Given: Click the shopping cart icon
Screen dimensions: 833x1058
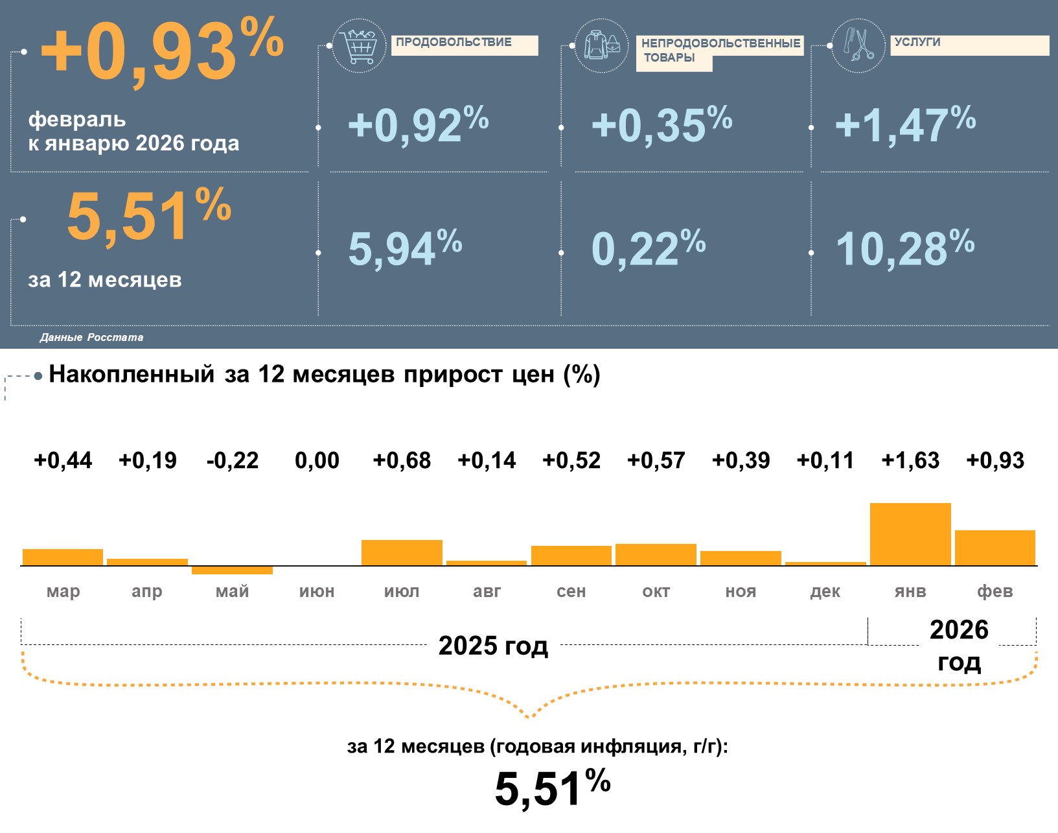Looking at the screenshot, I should (359, 45).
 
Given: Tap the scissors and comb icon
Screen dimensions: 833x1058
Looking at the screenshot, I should (858, 45).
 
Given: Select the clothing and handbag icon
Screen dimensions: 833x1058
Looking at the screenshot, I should (601, 45).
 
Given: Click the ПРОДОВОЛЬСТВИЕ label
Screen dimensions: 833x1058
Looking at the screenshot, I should (454, 43).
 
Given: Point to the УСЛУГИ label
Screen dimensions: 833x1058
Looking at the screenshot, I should (917, 43).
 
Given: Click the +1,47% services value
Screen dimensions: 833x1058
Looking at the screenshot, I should (904, 124).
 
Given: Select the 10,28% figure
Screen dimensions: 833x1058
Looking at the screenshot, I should (904, 248).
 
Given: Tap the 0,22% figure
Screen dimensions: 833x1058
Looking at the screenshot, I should (648, 248).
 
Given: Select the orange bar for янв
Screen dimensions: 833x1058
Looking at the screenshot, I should (910, 534).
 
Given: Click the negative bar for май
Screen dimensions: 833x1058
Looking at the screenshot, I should (232, 570).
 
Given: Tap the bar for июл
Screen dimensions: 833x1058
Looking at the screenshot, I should (402, 552).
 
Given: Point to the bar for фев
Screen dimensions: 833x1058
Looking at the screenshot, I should (995, 548).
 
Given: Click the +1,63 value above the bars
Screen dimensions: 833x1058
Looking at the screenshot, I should (910, 460).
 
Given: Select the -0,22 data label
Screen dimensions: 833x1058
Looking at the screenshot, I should (232, 460).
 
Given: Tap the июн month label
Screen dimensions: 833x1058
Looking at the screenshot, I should (317, 591).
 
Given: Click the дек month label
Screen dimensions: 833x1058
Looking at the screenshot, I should (825, 591).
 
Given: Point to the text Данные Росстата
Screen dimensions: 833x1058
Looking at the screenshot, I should (91, 337).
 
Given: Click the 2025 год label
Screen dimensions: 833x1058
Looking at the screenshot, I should (493, 646).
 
